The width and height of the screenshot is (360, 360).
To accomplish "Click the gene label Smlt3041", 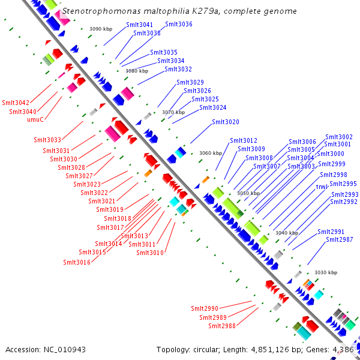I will (139, 25).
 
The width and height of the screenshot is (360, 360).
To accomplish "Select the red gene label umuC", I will (35, 119).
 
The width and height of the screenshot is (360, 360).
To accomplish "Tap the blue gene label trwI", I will (322, 187).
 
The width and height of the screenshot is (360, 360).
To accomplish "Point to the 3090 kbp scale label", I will (100, 29).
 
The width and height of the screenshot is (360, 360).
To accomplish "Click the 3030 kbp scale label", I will (326, 272).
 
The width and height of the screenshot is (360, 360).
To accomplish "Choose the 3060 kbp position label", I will (211, 153).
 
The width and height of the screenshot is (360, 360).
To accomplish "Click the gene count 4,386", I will (344, 349).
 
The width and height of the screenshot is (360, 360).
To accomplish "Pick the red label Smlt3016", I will (77, 262).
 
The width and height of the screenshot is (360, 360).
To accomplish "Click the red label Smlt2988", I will (222, 326).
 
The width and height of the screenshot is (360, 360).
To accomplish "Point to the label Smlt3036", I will (178, 24).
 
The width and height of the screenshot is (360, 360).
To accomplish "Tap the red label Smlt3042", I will (15, 103).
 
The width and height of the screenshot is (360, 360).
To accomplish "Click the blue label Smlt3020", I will (225, 122).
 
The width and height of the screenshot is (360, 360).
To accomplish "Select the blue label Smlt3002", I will (338, 137).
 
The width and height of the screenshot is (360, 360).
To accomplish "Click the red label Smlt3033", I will (47, 140).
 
